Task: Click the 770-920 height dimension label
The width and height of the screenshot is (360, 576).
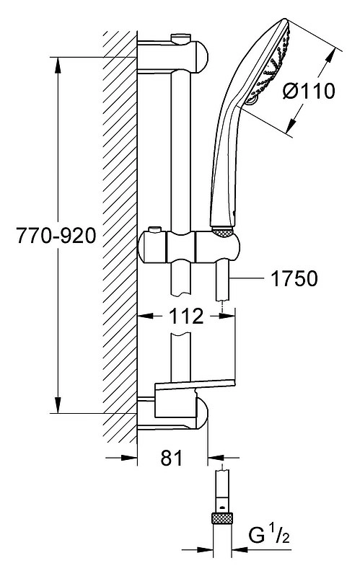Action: pyautogui.click(x=56, y=236)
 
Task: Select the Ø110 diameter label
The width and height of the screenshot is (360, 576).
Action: pyautogui.click(x=309, y=91)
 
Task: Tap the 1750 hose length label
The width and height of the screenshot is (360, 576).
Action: pyautogui.click(x=294, y=278)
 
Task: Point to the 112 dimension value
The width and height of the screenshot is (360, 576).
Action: pyautogui.click(x=185, y=316)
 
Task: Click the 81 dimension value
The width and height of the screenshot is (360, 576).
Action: pyautogui.click(x=172, y=458)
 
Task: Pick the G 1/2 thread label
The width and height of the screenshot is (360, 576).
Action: pyautogui.click(x=269, y=536)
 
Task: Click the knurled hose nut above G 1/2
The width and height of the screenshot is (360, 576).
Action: pyautogui.click(x=222, y=518)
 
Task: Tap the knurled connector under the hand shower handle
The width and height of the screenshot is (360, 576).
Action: pyautogui.click(x=222, y=231)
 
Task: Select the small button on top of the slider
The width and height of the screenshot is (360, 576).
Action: pyautogui.click(x=155, y=230)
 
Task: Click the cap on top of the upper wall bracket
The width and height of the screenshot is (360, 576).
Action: pyautogui.click(x=180, y=37)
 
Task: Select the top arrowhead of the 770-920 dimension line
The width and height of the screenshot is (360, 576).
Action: pyautogui.click(x=58, y=65)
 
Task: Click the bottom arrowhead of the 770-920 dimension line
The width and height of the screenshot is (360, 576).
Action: pyautogui.click(x=58, y=405)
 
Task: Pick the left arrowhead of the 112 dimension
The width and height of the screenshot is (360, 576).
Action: pyautogui.click(x=145, y=315)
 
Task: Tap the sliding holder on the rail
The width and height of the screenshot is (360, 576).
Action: pyautogui.click(x=188, y=247)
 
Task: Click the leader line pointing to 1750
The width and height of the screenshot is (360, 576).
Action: pyautogui.click(x=247, y=278)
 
